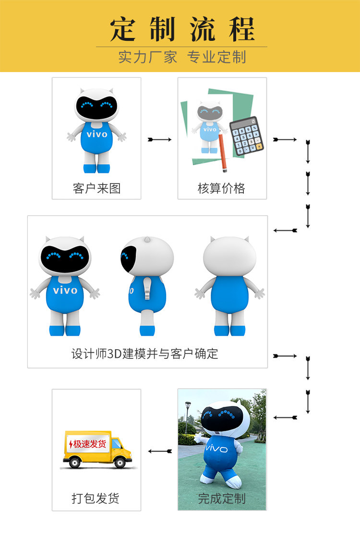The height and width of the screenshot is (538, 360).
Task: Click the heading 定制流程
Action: [x=182, y=30]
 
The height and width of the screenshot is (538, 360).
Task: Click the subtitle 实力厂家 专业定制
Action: [x=182, y=57]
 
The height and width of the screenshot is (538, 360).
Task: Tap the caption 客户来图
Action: [x=96, y=188]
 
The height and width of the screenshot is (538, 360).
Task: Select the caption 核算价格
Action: [x=221, y=188]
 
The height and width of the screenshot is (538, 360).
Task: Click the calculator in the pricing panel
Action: [x=247, y=136]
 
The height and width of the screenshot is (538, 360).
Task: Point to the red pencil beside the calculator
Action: [x=223, y=153]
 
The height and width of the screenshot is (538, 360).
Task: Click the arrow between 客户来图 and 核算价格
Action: [x=159, y=139]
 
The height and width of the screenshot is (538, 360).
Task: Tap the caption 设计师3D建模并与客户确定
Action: [x=144, y=354]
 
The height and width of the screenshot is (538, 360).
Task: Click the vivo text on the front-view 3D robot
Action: [x=65, y=290]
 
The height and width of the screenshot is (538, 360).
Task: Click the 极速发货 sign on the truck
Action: [x=87, y=443]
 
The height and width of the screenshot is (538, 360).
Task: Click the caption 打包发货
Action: [x=96, y=498]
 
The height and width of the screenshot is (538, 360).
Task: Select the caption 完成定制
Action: [x=222, y=498]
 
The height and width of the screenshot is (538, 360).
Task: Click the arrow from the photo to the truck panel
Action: [x=160, y=451]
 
